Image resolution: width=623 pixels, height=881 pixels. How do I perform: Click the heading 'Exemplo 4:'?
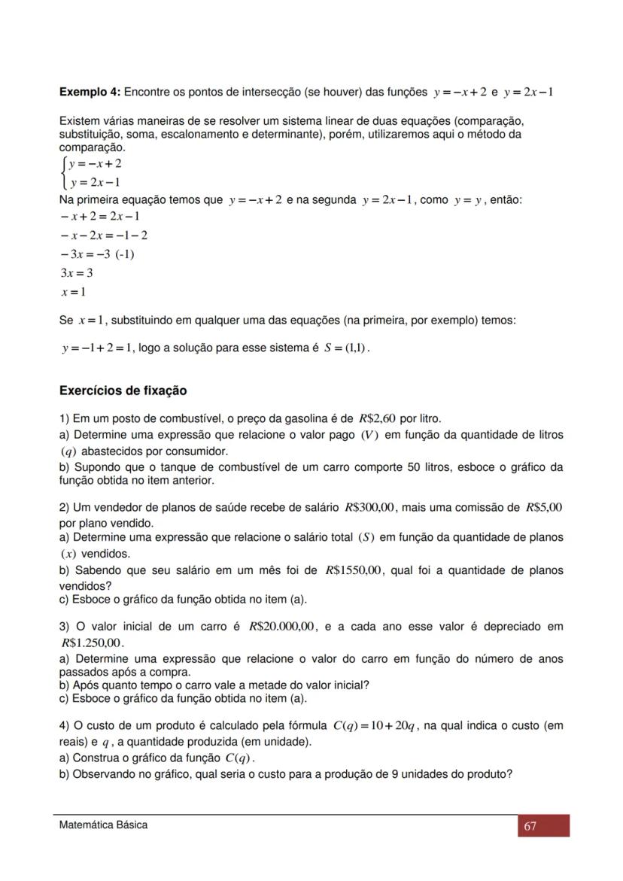[90, 92]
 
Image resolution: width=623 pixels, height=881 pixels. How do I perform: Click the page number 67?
[530, 826]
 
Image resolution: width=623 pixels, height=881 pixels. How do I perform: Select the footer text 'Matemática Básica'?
[103, 825]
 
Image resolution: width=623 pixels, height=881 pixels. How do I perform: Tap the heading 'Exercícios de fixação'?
[123, 391]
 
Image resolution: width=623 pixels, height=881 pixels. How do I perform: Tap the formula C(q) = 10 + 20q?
[373, 726]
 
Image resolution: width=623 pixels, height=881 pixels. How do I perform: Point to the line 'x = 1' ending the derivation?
[73, 292]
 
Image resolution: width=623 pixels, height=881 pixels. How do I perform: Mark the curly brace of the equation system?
[62, 172]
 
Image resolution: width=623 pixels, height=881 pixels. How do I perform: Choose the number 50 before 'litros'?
[417, 467]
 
